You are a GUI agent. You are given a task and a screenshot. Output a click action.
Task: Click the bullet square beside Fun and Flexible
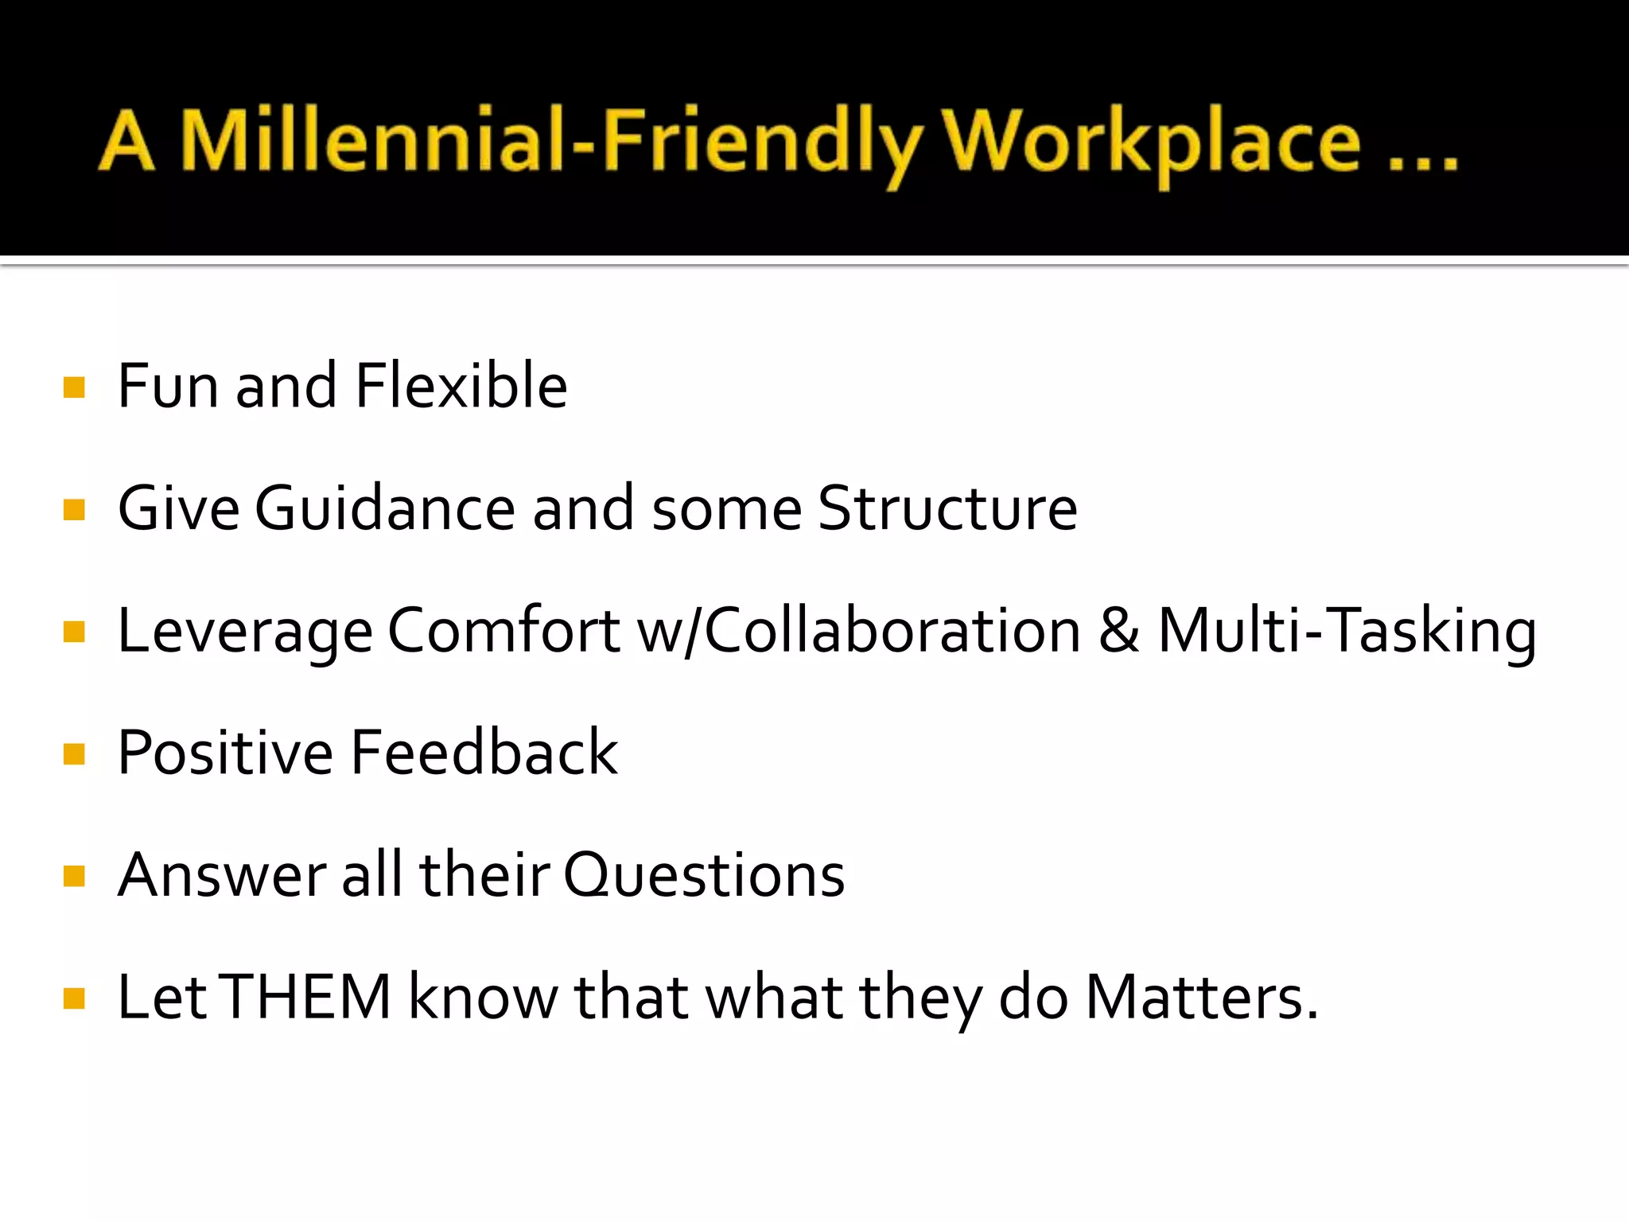pos(74,387)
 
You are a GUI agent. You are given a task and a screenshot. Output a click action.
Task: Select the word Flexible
pos(461,386)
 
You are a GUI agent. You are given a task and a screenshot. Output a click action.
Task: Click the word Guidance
pos(385,508)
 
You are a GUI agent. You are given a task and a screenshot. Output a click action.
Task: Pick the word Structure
pos(947,508)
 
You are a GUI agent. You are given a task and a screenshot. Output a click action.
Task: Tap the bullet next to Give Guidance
pos(74,510)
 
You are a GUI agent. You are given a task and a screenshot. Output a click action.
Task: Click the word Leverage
pos(245,631)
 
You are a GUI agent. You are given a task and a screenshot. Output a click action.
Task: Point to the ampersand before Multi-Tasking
pos(1119,631)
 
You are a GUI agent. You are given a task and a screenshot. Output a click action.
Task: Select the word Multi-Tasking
pos(1347,631)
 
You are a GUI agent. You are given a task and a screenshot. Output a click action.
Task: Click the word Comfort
pos(503,631)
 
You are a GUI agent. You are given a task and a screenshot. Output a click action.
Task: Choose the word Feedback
pos(484,753)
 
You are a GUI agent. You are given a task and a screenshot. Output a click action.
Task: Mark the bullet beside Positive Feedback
pos(74,754)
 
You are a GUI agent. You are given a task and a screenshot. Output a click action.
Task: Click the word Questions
pos(704,875)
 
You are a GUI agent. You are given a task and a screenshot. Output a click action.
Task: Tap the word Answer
pos(222,875)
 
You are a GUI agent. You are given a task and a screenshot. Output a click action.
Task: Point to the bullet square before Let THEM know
pos(74,998)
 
